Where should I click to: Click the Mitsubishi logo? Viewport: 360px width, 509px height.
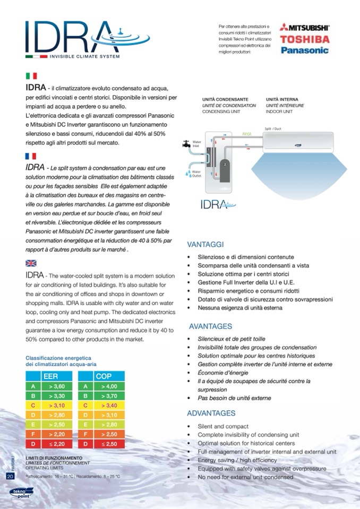coord(305,26)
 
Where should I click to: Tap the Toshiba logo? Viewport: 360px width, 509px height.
coord(305,39)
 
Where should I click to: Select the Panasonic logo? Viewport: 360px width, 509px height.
coord(305,51)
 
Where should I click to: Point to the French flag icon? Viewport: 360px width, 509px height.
coord(31,156)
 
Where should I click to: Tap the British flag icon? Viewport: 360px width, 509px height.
coord(31,263)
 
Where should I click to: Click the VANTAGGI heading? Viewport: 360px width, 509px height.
coord(205,245)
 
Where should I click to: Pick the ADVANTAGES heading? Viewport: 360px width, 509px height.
coord(211,413)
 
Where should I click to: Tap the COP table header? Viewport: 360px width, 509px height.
coord(103,376)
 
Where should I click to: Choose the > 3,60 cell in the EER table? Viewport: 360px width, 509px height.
coord(57,386)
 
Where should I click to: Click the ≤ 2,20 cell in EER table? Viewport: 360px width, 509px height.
coord(57,443)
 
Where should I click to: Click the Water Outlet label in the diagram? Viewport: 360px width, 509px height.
coord(196,175)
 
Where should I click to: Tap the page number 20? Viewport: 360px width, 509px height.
coord(10,476)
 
